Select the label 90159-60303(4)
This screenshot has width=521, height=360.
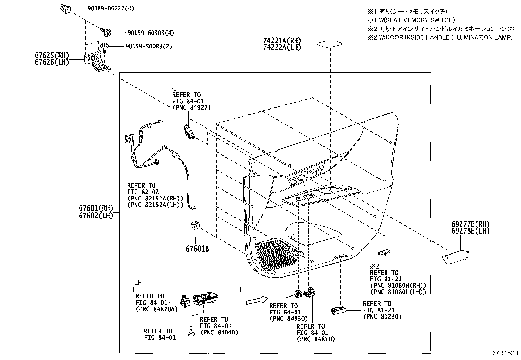pyautogui.click(x=151, y=33)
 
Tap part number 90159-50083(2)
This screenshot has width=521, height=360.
pyautogui.click(x=149, y=47)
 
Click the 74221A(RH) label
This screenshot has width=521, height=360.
pyautogui.click(x=282, y=41)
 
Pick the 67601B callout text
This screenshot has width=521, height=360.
pyautogui.click(x=197, y=249)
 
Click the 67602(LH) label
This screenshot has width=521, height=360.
pyautogui.click(x=96, y=215)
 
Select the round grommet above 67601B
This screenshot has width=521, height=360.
pyautogui.click(x=195, y=225)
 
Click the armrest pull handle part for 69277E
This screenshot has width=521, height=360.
pyautogui.click(x=456, y=257)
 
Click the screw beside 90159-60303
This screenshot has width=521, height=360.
pyautogui.click(x=107, y=32)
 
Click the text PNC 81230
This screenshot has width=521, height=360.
pyautogui.click(x=382, y=316)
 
